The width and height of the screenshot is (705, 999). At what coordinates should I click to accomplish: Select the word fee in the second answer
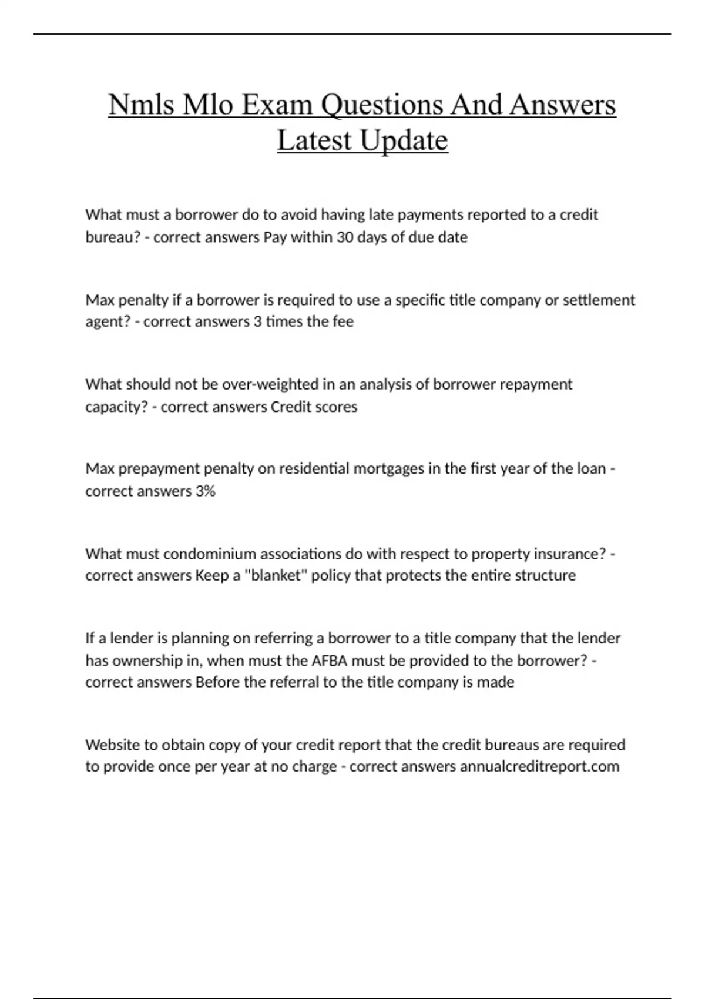click(x=343, y=321)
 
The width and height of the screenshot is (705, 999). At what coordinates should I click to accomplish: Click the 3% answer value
click(x=205, y=491)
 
